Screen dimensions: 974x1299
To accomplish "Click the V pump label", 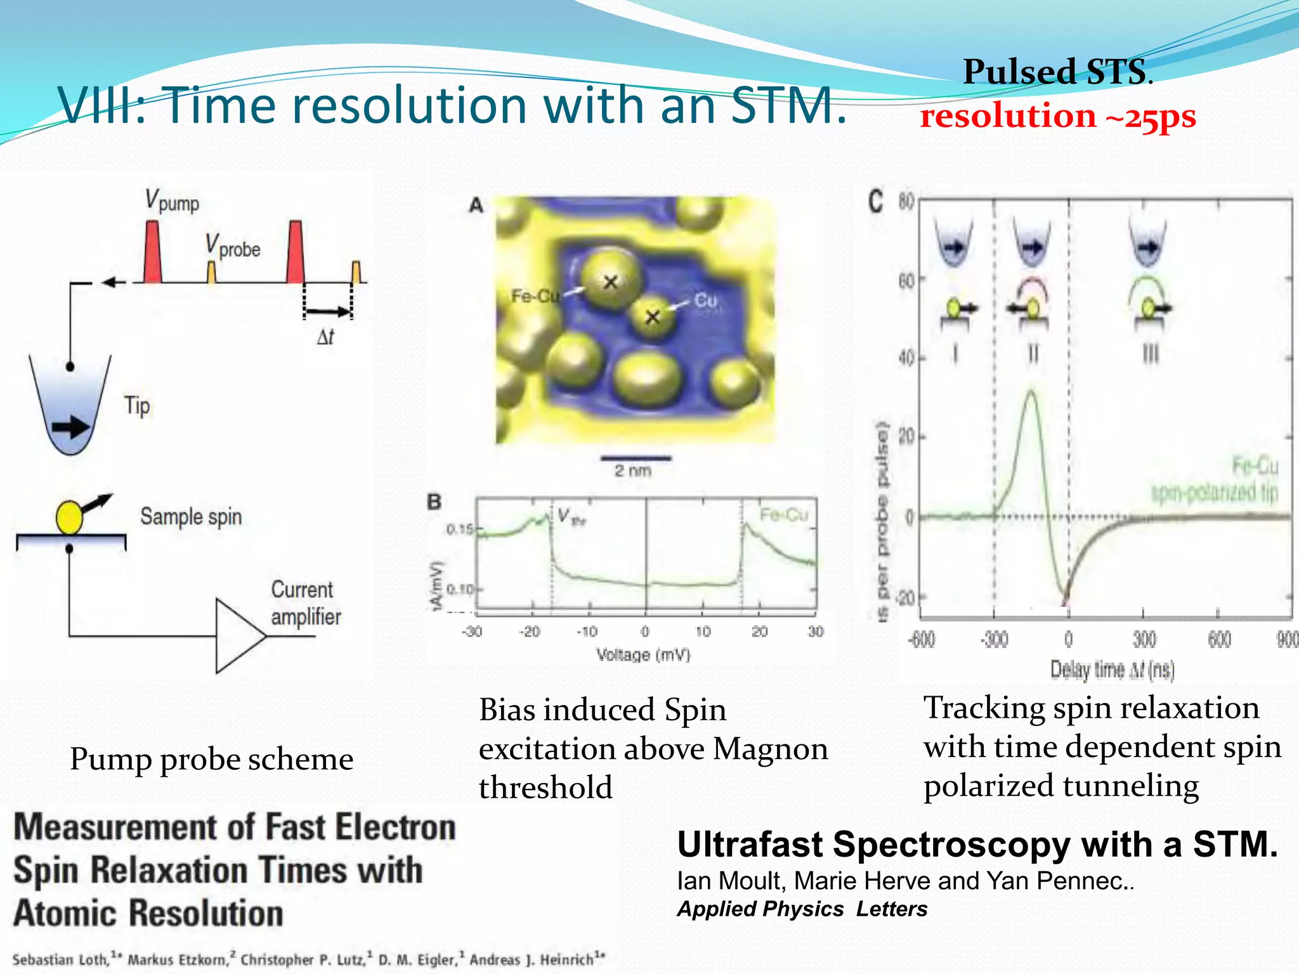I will (x=171, y=201).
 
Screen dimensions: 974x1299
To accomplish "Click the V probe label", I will (x=233, y=246).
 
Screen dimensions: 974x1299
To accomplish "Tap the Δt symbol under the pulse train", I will (x=325, y=336).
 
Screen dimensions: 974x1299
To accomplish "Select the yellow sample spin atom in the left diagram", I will (x=69, y=517).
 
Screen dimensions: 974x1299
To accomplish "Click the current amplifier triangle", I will (x=238, y=635).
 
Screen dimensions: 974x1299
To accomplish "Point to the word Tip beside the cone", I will (x=137, y=406).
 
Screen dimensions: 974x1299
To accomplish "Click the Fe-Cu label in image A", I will (x=535, y=296).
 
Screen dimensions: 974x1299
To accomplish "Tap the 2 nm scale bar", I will (x=636, y=458).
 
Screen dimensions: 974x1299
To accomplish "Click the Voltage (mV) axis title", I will (x=643, y=654).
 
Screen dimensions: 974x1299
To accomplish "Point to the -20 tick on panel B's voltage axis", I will (x=529, y=632).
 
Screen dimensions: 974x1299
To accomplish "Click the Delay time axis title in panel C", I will (x=1113, y=670).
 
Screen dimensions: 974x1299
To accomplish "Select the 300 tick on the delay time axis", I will (x=1144, y=639).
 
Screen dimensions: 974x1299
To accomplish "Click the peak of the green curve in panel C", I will (x=1032, y=393).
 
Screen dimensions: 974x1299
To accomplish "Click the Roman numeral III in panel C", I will (x=1150, y=353).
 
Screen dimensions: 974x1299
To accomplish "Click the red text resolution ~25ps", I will (x=1057, y=116).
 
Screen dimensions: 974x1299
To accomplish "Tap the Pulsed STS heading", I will (x=1057, y=72).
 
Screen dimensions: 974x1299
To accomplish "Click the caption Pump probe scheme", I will (x=211, y=759).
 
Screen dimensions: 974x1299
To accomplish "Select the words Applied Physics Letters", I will (x=802, y=909).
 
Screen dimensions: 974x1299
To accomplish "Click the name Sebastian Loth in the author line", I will (x=60, y=959).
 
